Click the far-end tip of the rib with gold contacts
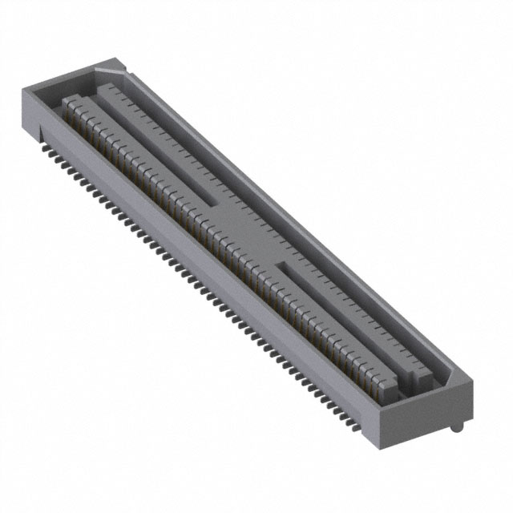68,101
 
